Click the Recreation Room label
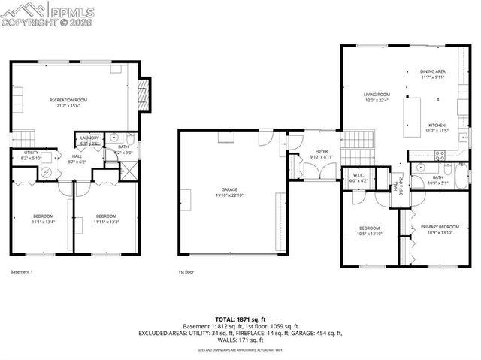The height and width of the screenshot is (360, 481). pos(68,102)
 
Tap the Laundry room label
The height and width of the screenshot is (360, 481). pos(90,140)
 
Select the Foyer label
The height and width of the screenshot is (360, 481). pos(322,153)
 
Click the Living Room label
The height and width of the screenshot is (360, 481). pos(377,97)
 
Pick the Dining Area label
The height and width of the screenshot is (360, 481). pos(433,74)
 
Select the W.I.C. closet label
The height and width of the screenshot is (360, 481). pos(360,177)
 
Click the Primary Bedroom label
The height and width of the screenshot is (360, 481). pos(440,228)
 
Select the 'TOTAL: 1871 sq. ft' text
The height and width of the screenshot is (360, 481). pos(240,319)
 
